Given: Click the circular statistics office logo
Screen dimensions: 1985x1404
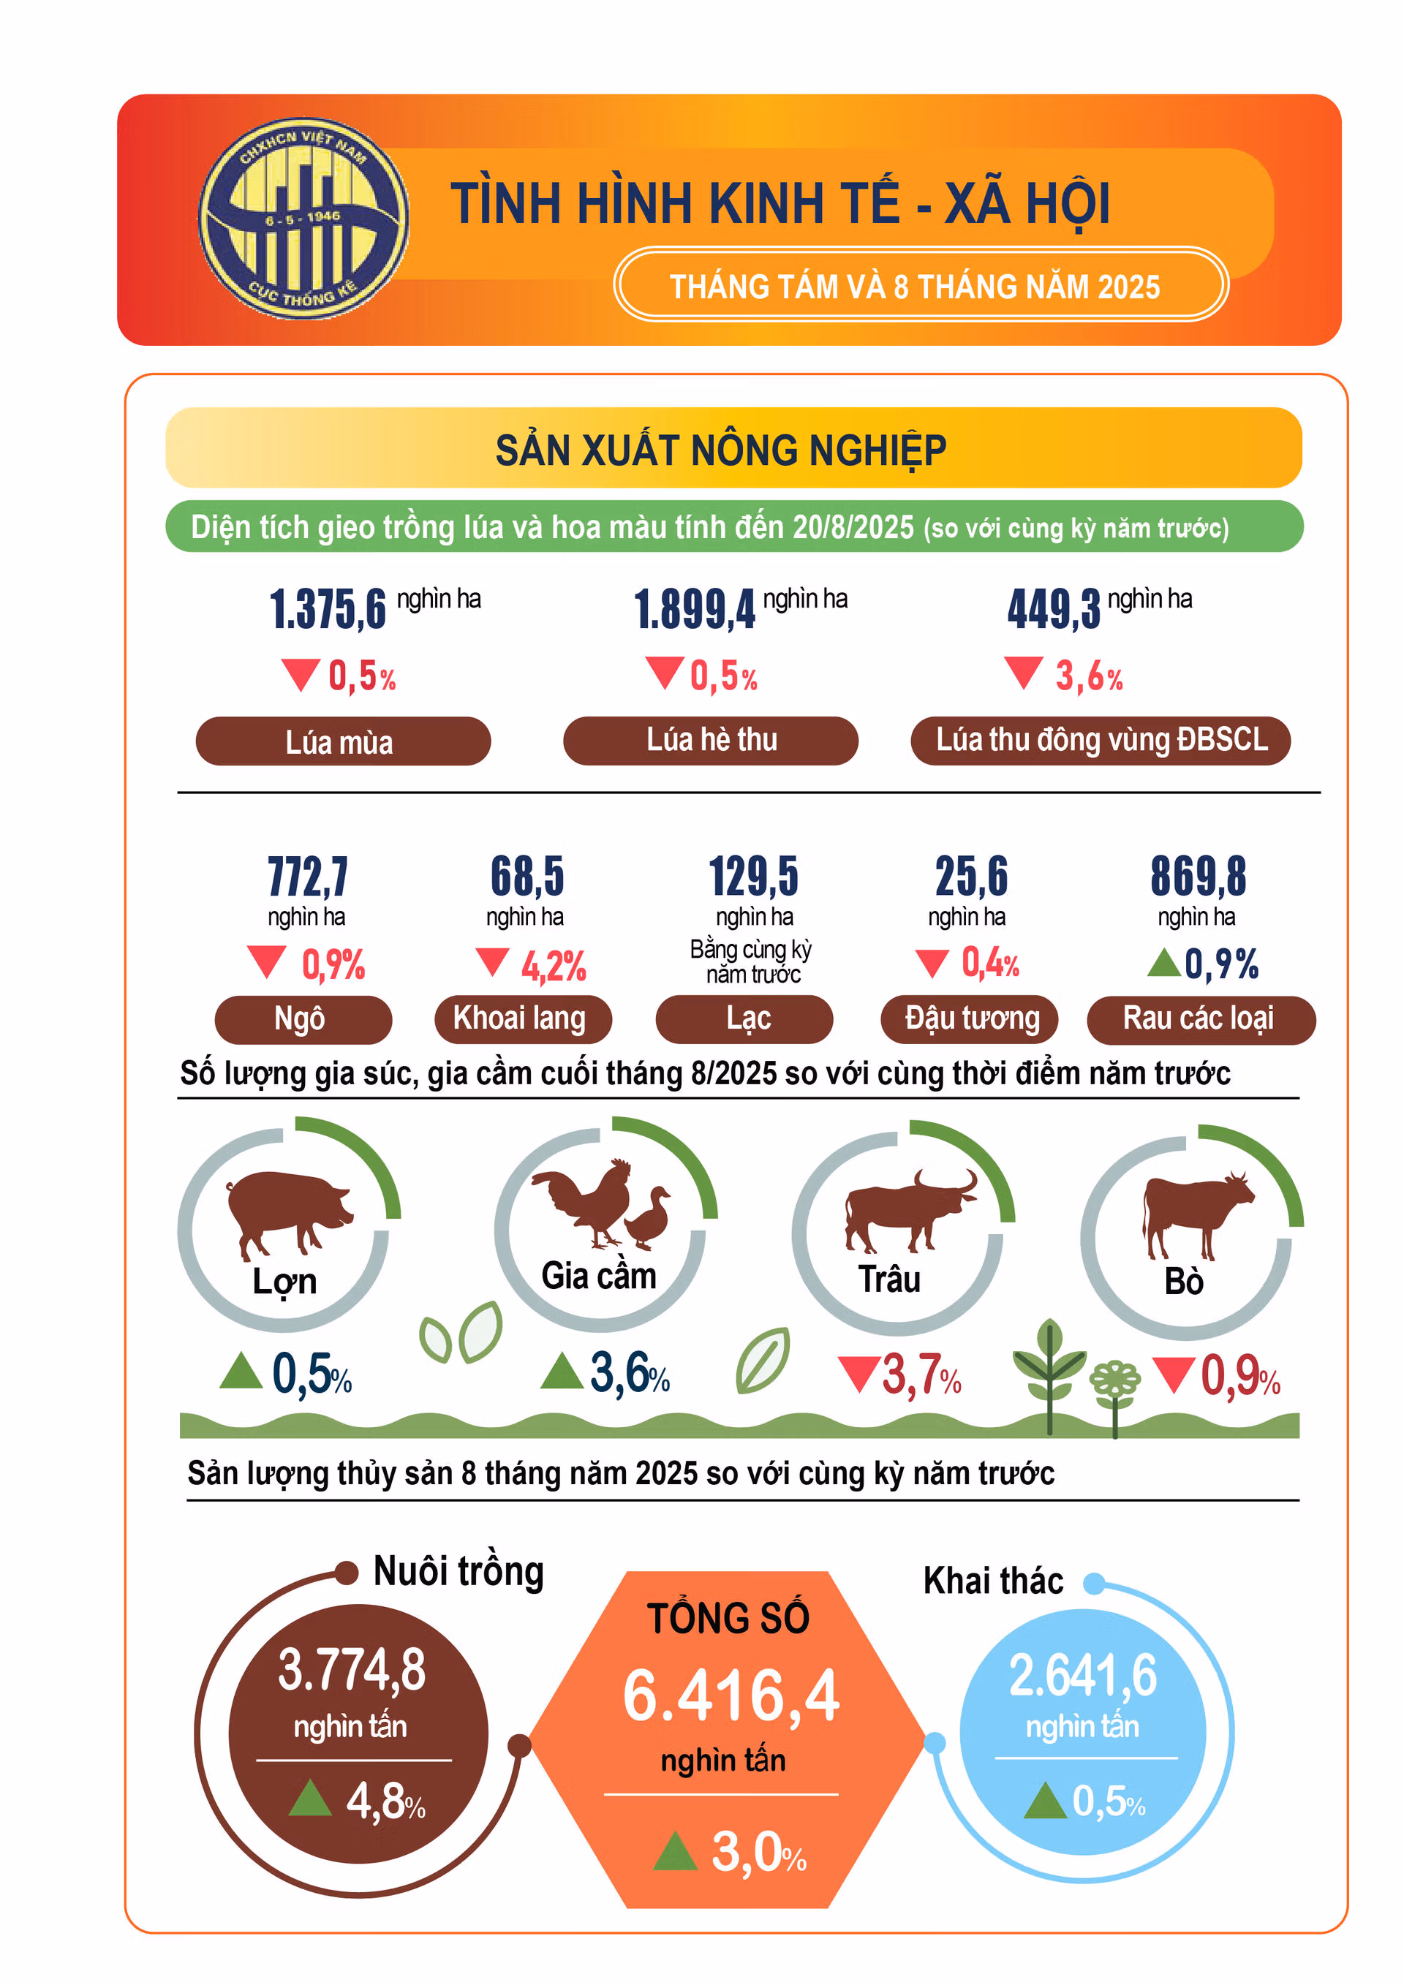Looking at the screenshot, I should click(303, 218).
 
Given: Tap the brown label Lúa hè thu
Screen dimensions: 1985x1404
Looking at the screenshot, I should click(711, 740).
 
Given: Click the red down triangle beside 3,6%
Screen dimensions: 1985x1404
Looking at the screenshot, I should click(1024, 673).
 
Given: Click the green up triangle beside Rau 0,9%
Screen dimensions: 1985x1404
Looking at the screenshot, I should click(1163, 962).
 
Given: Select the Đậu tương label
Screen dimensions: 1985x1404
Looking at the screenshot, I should click(972, 1018).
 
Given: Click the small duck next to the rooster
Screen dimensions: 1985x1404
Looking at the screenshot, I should click(649, 1218).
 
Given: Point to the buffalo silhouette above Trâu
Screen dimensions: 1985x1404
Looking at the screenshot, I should click(907, 1209).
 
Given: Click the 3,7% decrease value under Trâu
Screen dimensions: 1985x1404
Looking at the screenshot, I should click(921, 1374).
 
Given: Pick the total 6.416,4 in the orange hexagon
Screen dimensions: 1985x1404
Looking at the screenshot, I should click(731, 1695).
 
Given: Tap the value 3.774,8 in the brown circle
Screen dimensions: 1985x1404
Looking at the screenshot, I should click(352, 1669).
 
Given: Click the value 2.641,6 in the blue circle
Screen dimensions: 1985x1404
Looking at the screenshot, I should click(1082, 1674).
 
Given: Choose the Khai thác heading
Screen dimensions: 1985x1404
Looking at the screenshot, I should click(993, 1581).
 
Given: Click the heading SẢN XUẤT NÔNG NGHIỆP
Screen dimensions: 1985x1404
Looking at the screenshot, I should click(721, 450).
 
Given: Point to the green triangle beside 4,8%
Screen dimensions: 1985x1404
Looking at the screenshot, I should click(309, 1799).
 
